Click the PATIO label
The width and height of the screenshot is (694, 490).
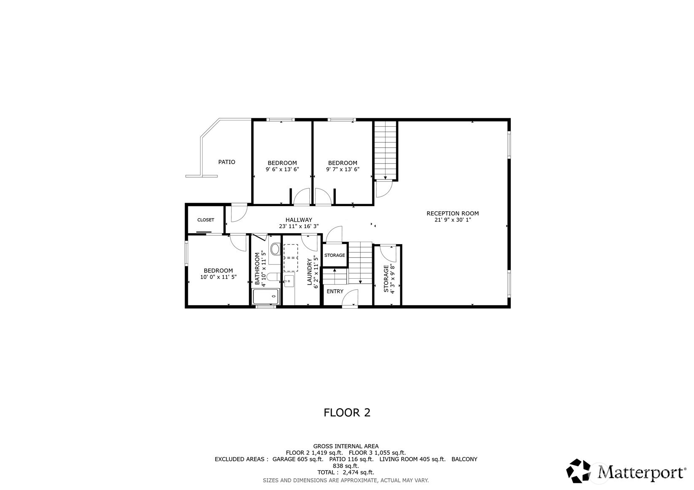tap(227, 162)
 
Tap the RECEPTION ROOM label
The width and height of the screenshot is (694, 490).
tap(453, 213)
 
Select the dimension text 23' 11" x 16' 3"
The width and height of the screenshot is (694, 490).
tap(299, 226)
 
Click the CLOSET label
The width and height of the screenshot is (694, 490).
tap(206, 220)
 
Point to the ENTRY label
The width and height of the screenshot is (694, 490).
tap(335, 291)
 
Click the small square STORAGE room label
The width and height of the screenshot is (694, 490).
tap(335, 255)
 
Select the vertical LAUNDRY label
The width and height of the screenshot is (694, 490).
tap(309, 272)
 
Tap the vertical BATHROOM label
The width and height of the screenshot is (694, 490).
tap(257, 269)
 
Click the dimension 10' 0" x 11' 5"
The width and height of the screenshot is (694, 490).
tap(218, 277)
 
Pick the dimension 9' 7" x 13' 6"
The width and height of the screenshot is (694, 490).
tap(343, 169)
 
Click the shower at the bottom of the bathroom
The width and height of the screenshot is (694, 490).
tap(266, 296)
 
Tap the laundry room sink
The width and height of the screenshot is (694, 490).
tap(289, 280)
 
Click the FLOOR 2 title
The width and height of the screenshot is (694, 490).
tap(347, 413)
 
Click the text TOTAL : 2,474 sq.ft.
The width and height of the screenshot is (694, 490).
tap(346, 472)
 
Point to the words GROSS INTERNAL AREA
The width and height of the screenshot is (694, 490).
tap(346, 446)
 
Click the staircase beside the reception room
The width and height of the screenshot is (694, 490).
tap(386, 149)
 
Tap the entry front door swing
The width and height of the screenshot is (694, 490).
tap(350, 300)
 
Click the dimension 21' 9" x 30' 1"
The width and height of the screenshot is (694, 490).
tap(453, 220)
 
